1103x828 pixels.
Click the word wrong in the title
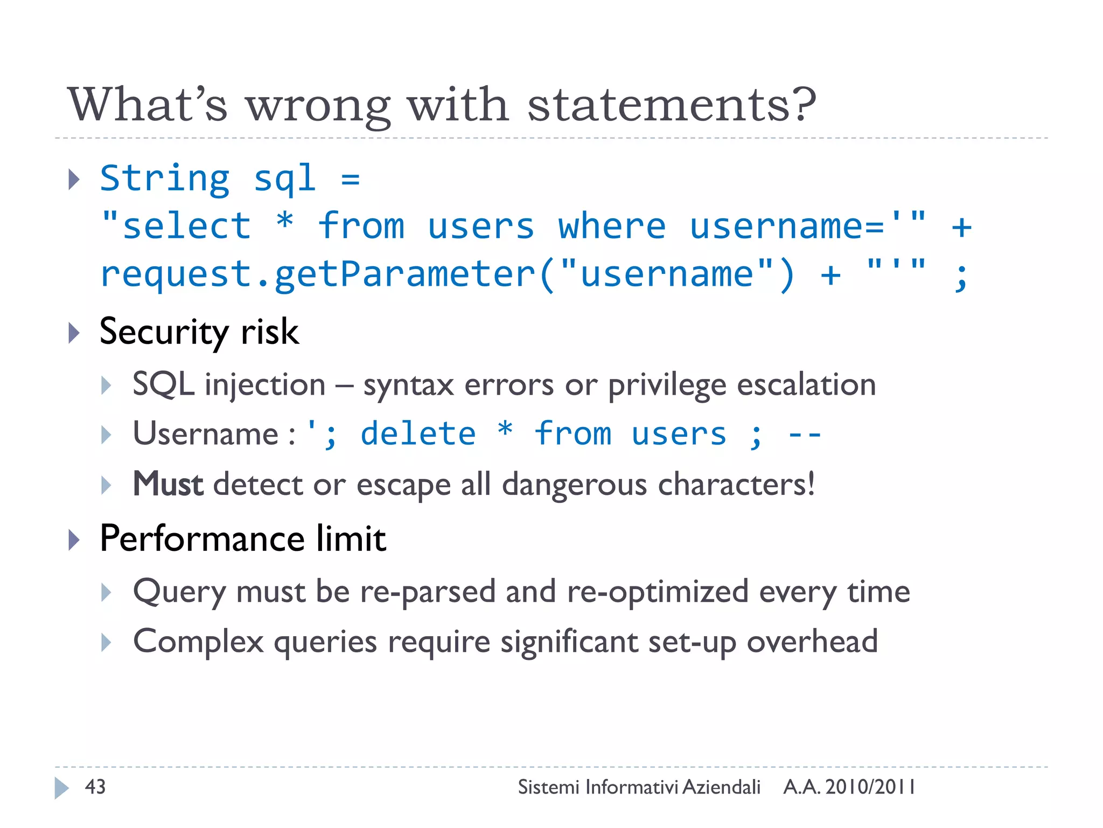(x=318, y=106)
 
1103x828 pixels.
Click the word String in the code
(x=165, y=179)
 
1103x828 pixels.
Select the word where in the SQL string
(x=612, y=226)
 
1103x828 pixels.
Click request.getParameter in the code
(x=318, y=274)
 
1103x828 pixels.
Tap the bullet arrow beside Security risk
(x=74, y=333)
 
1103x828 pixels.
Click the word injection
(x=265, y=385)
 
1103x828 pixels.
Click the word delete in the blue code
(x=418, y=434)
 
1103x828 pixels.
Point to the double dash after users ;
(x=804, y=434)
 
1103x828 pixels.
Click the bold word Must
(x=167, y=484)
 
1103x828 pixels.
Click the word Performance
(x=203, y=539)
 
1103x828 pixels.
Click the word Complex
(x=198, y=641)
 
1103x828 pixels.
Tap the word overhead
(x=812, y=641)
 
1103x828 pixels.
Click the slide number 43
(x=95, y=787)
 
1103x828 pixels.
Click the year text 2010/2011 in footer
(x=870, y=787)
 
